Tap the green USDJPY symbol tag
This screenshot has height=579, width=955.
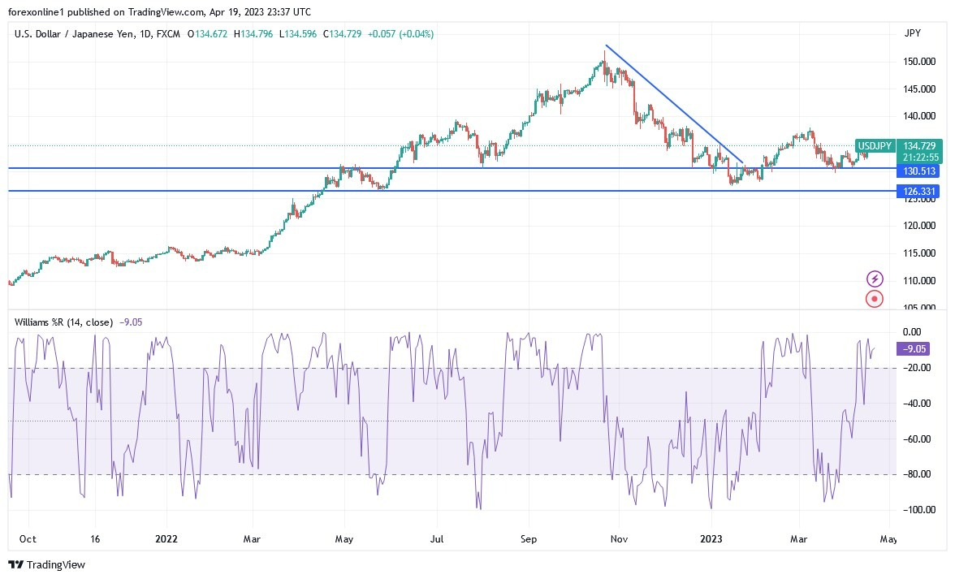click(875, 146)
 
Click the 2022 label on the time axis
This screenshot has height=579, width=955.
click(166, 538)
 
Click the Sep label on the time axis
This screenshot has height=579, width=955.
click(529, 538)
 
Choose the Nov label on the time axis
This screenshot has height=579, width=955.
click(620, 538)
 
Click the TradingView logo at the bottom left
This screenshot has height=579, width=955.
click(46, 564)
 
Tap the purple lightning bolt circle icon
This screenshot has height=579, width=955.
click(875, 279)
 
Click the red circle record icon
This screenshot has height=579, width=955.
click(875, 299)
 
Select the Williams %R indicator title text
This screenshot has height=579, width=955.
click(63, 322)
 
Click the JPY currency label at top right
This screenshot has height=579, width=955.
click(912, 33)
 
